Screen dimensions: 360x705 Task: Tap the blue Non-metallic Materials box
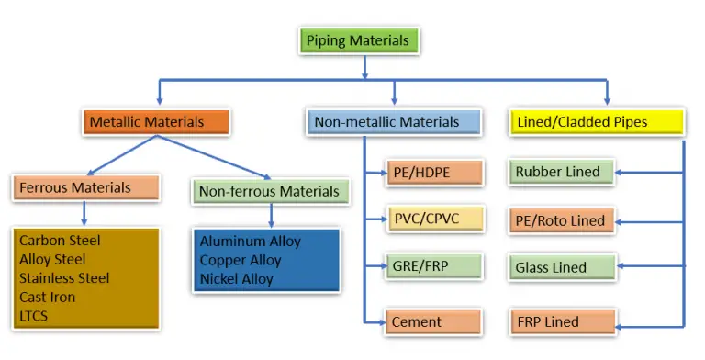(394, 121)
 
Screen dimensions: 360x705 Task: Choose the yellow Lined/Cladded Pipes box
(596, 121)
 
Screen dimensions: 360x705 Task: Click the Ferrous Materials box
(86, 187)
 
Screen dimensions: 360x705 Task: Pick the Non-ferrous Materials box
(270, 192)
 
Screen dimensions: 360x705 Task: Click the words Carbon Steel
(60, 241)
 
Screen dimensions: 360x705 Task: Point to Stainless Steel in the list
(64, 278)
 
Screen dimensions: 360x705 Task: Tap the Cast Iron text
(48, 298)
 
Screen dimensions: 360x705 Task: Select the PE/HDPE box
(434, 172)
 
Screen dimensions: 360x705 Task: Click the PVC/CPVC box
(434, 219)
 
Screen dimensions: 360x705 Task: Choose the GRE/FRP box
(434, 267)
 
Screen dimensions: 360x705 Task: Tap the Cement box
(434, 322)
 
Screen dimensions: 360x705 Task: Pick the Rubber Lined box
(561, 172)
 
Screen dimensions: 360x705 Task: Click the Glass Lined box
(561, 267)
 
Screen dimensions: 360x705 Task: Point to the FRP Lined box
(561, 322)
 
